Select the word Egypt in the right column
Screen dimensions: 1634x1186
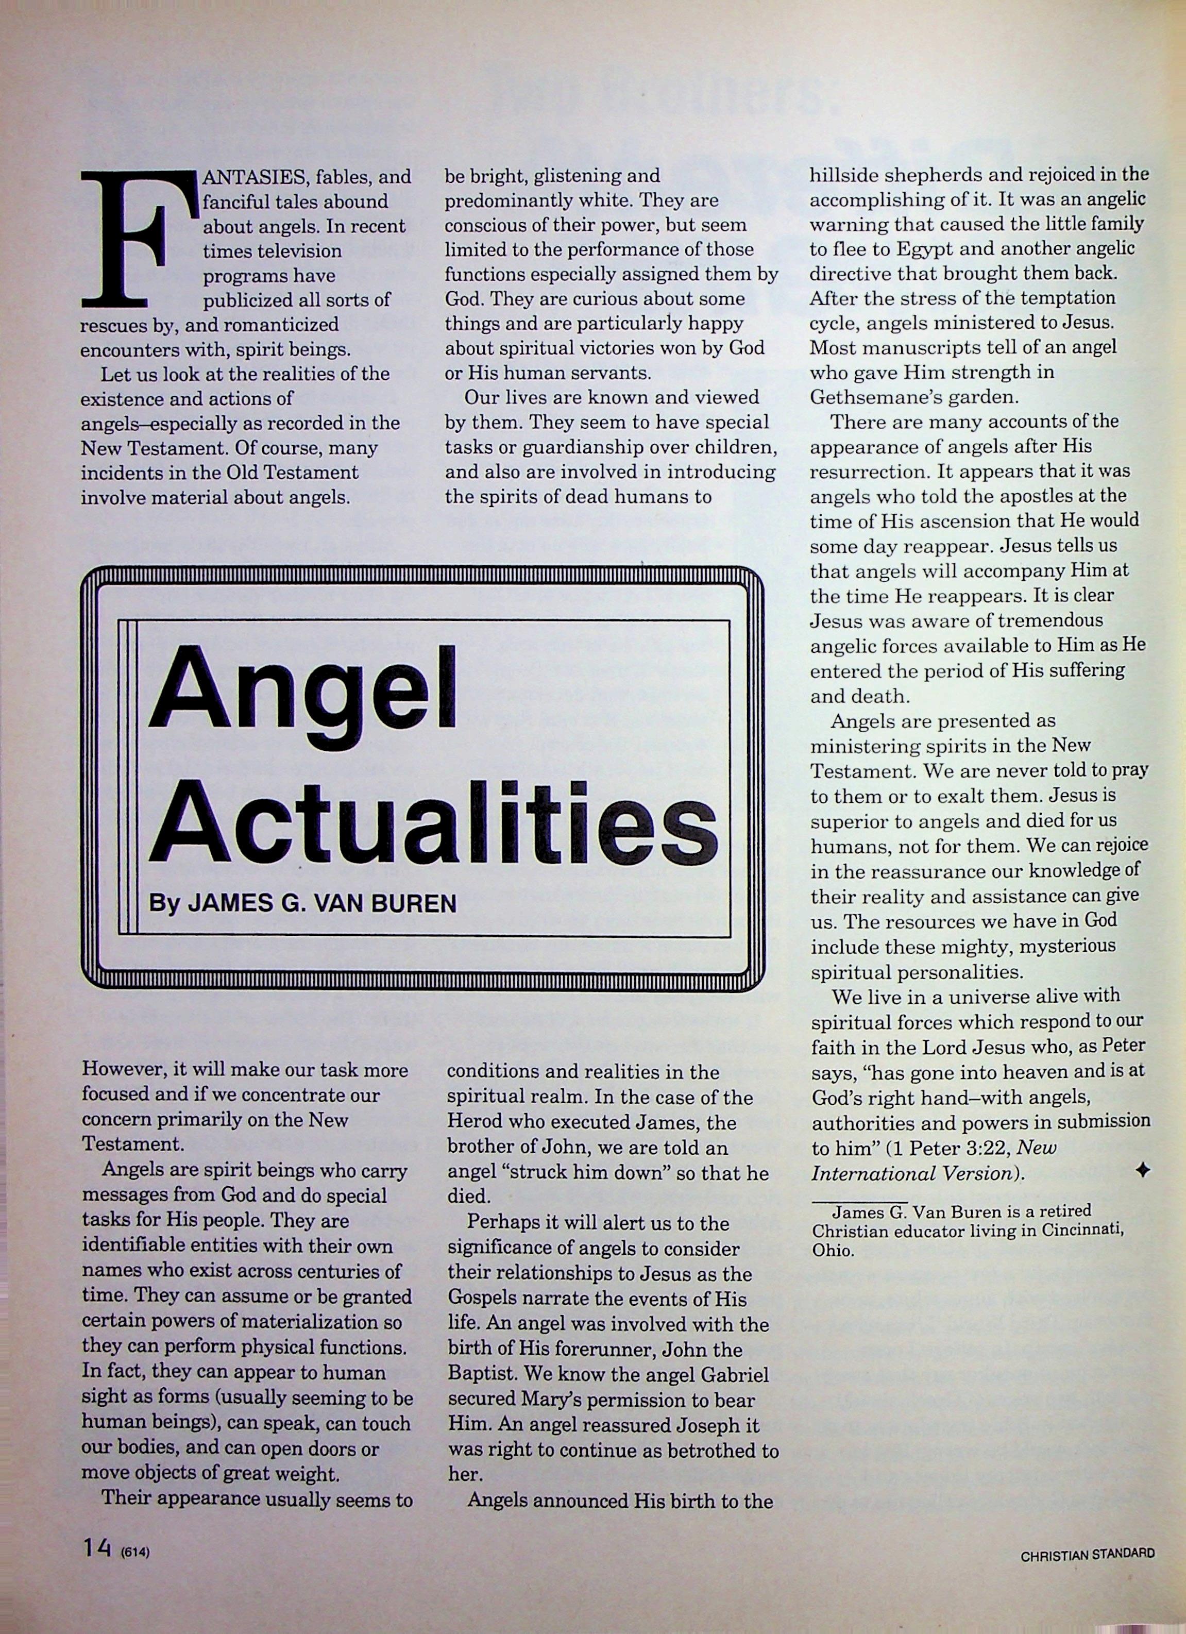pyautogui.click(x=922, y=249)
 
